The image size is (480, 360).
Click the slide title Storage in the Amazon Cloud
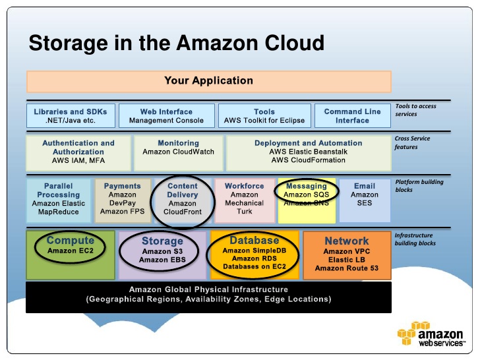point(177,44)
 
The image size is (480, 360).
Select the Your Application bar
point(208,81)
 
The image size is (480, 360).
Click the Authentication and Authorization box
point(78,152)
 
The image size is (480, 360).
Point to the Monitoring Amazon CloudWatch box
point(178,152)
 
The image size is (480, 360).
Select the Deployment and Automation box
point(308,152)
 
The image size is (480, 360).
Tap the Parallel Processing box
point(58,200)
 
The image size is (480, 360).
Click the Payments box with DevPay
point(122,200)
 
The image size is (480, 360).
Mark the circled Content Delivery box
point(182,200)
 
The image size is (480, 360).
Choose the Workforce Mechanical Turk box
point(244,200)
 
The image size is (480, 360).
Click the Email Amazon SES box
point(364,200)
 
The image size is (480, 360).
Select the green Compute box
point(70,254)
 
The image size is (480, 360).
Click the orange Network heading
point(346,241)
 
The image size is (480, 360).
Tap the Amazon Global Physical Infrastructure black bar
point(208,295)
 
